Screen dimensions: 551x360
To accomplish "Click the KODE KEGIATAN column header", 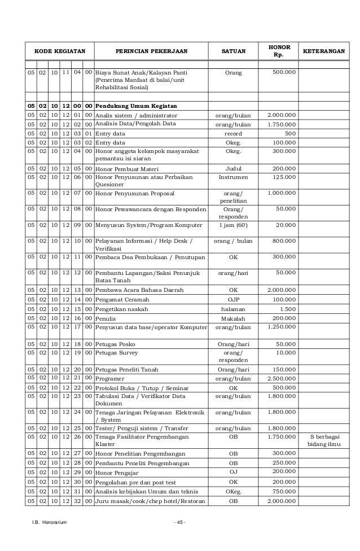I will (x=60, y=51).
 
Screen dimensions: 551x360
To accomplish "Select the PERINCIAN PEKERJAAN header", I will (x=152, y=51).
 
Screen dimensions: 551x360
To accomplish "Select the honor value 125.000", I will (x=286, y=177).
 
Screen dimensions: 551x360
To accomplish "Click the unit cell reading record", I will (x=233, y=133).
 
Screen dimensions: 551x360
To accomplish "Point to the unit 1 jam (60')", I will (x=233, y=225).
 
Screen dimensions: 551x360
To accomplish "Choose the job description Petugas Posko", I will (x=114, y=344).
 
